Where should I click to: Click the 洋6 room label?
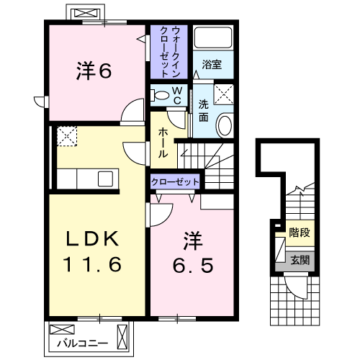point(94,71)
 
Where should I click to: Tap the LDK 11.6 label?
point(92,251)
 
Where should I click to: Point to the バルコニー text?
point(82,343)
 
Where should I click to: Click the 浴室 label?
point(212,65)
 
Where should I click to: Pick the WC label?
point(177,96)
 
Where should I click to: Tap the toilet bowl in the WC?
point(160,95)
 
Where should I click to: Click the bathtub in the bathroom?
point(213,37)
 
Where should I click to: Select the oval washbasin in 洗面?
point(225,125)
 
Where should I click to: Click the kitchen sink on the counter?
point(105,179)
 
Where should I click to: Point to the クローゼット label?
point(175,182)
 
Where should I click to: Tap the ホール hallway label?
point(163,143)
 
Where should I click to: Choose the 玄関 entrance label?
point(300,261)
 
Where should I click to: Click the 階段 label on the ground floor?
point(300,233)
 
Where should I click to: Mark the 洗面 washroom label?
point(203,111)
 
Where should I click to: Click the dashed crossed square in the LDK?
point(67,136)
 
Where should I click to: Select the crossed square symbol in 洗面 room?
point(224,94)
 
